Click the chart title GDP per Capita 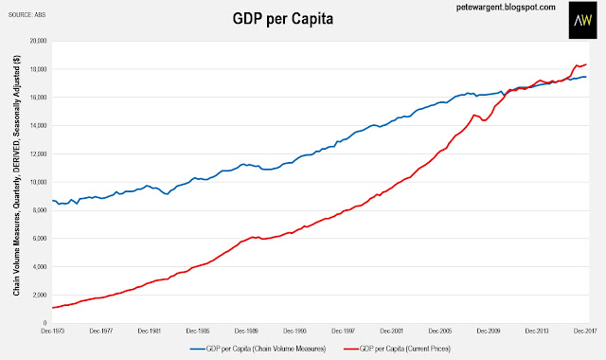282,19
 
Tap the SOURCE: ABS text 27,15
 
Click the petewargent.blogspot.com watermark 506,7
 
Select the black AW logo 583,20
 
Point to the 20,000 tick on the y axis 39,41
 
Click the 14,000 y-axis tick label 39,125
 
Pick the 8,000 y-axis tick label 40,210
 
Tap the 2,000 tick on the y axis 40,295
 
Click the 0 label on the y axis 45,323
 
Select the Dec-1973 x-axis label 53,331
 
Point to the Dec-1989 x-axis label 246,331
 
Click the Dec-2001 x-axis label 391,331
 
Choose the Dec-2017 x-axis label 585,331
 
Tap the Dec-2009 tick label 489,331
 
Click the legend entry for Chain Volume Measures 258,349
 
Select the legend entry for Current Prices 398,349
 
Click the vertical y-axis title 17,175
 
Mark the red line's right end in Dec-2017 586,64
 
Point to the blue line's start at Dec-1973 53,200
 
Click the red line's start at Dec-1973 53,308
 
